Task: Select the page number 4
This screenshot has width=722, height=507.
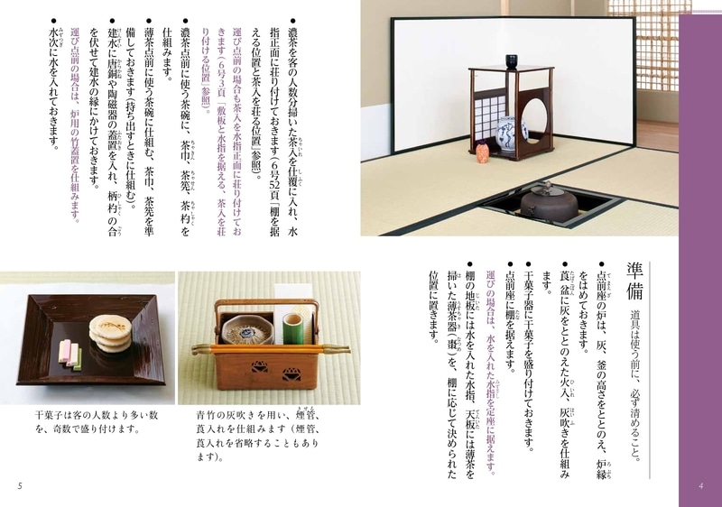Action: [700, 487]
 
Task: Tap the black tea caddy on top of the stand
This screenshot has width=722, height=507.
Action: [512, 61]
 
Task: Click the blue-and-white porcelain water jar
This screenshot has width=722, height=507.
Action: [509, 133]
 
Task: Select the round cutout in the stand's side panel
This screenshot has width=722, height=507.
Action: [536, 115]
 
